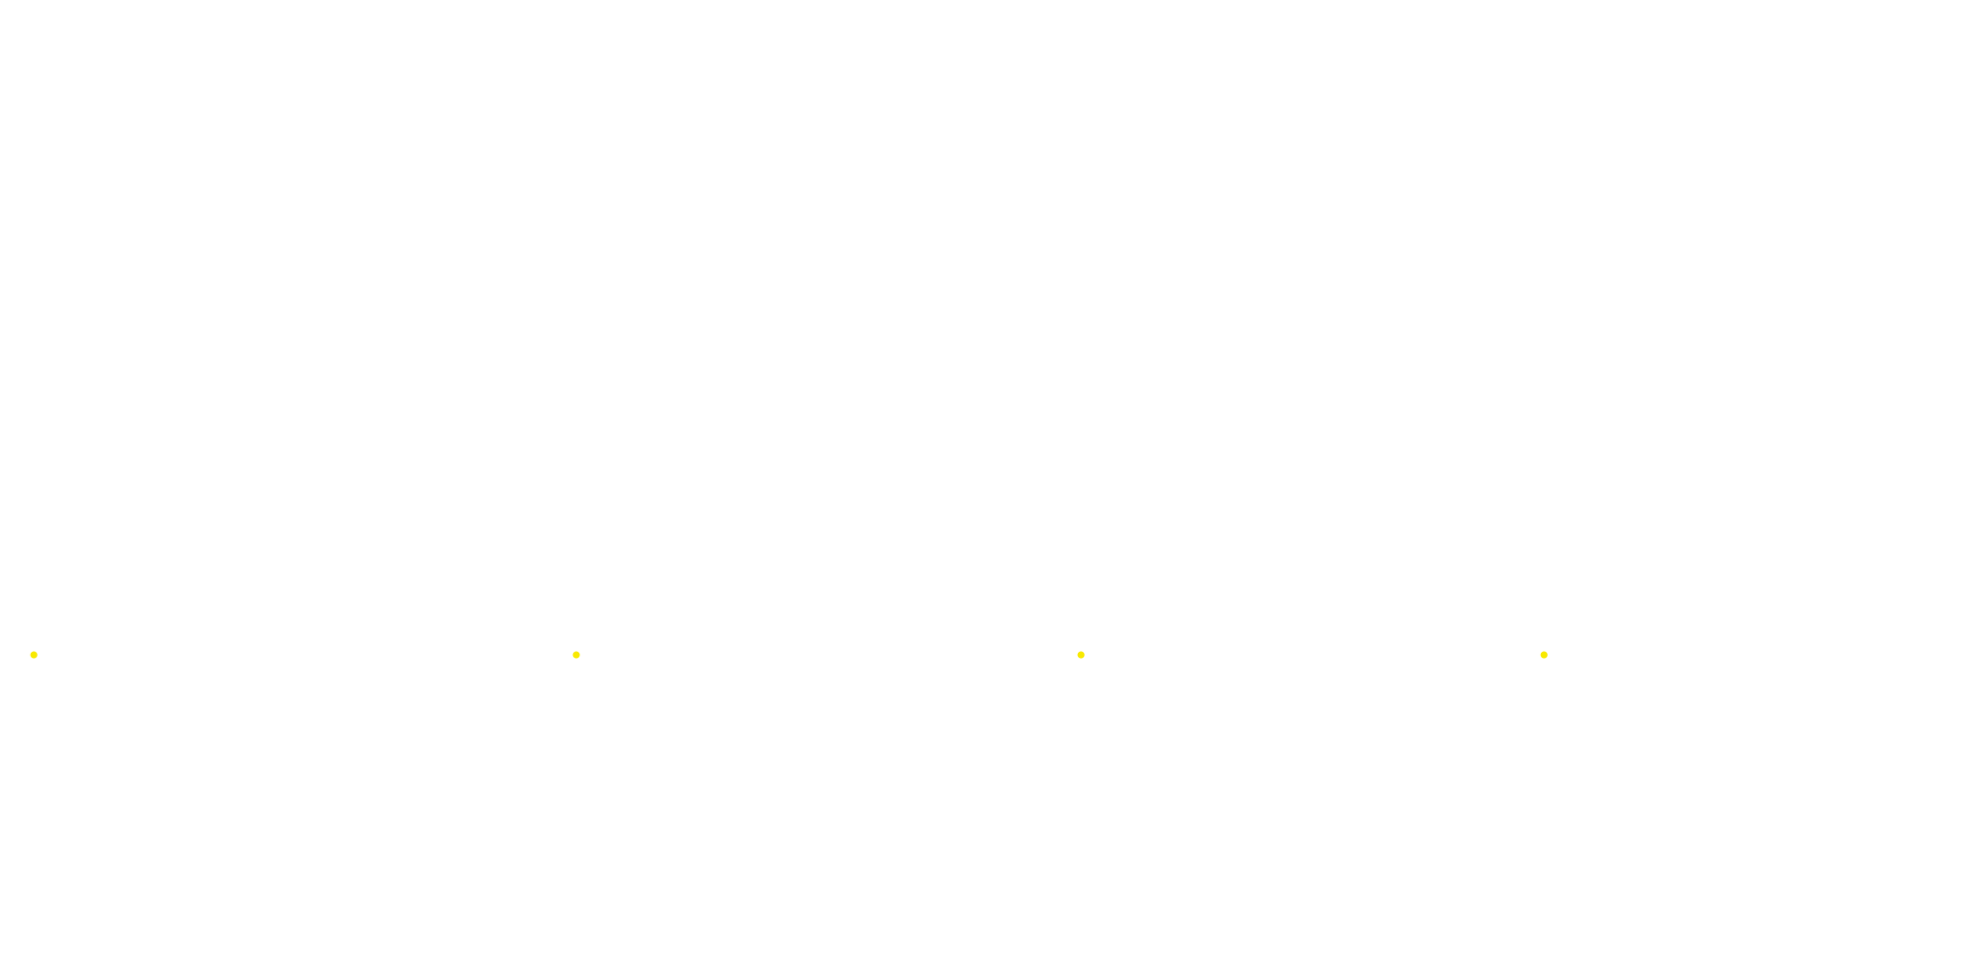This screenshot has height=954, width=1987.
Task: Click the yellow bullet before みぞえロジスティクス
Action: coord(1081,656)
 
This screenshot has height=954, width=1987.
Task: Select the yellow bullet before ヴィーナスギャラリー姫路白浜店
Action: coord(34,656)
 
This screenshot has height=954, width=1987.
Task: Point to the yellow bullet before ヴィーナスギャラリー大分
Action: coord(1544,656)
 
